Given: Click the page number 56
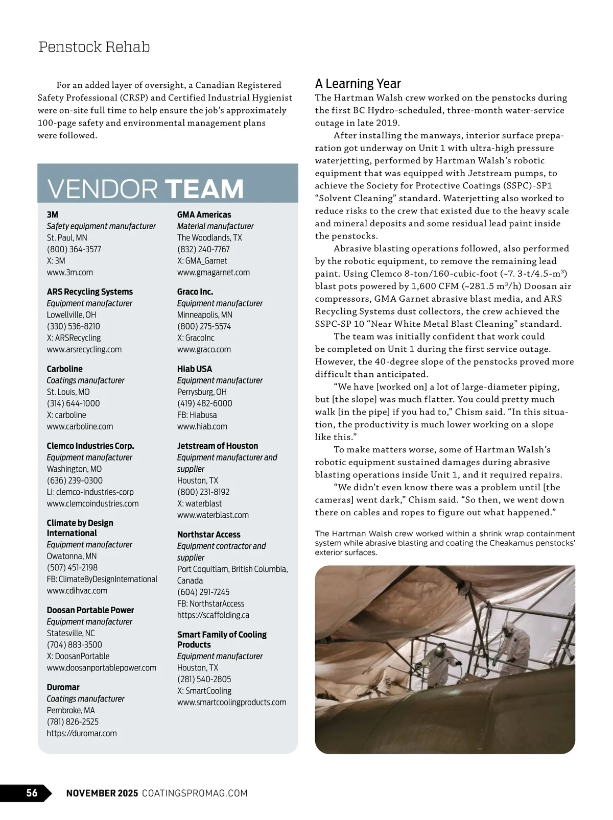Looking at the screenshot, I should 32,792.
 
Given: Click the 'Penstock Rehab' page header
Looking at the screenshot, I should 95,47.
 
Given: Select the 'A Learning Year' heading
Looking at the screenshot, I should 358,84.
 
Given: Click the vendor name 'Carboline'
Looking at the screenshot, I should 64,369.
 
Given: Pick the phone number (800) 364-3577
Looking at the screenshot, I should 74,249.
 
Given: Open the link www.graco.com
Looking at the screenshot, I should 204,349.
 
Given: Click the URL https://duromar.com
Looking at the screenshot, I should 82,733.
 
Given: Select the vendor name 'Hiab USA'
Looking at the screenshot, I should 195,369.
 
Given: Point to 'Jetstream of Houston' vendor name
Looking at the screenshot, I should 218,446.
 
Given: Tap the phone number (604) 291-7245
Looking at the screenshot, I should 203,592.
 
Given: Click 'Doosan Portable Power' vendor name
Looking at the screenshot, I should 90,610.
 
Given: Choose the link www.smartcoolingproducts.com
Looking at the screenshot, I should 231,702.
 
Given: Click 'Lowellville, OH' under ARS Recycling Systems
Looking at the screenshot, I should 72,315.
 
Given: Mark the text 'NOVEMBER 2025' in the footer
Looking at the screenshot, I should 102,793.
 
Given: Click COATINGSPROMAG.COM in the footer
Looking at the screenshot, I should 195,793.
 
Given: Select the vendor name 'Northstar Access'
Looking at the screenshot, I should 208,535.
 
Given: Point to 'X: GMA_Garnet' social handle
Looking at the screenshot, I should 202,260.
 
